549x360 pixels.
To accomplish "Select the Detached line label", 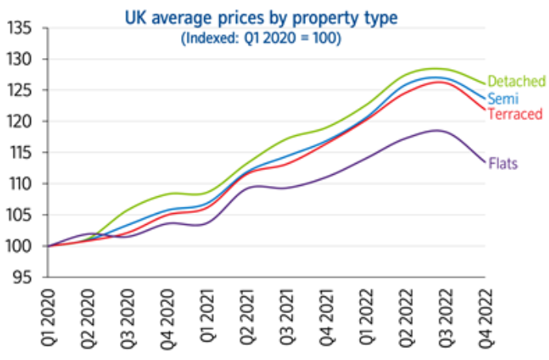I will [x=516, y=81].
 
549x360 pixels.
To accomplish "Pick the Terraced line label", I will [x=515, y=114].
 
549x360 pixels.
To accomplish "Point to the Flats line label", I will [x=503, y=165].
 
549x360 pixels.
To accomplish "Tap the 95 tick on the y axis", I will [x=21, y=277].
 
